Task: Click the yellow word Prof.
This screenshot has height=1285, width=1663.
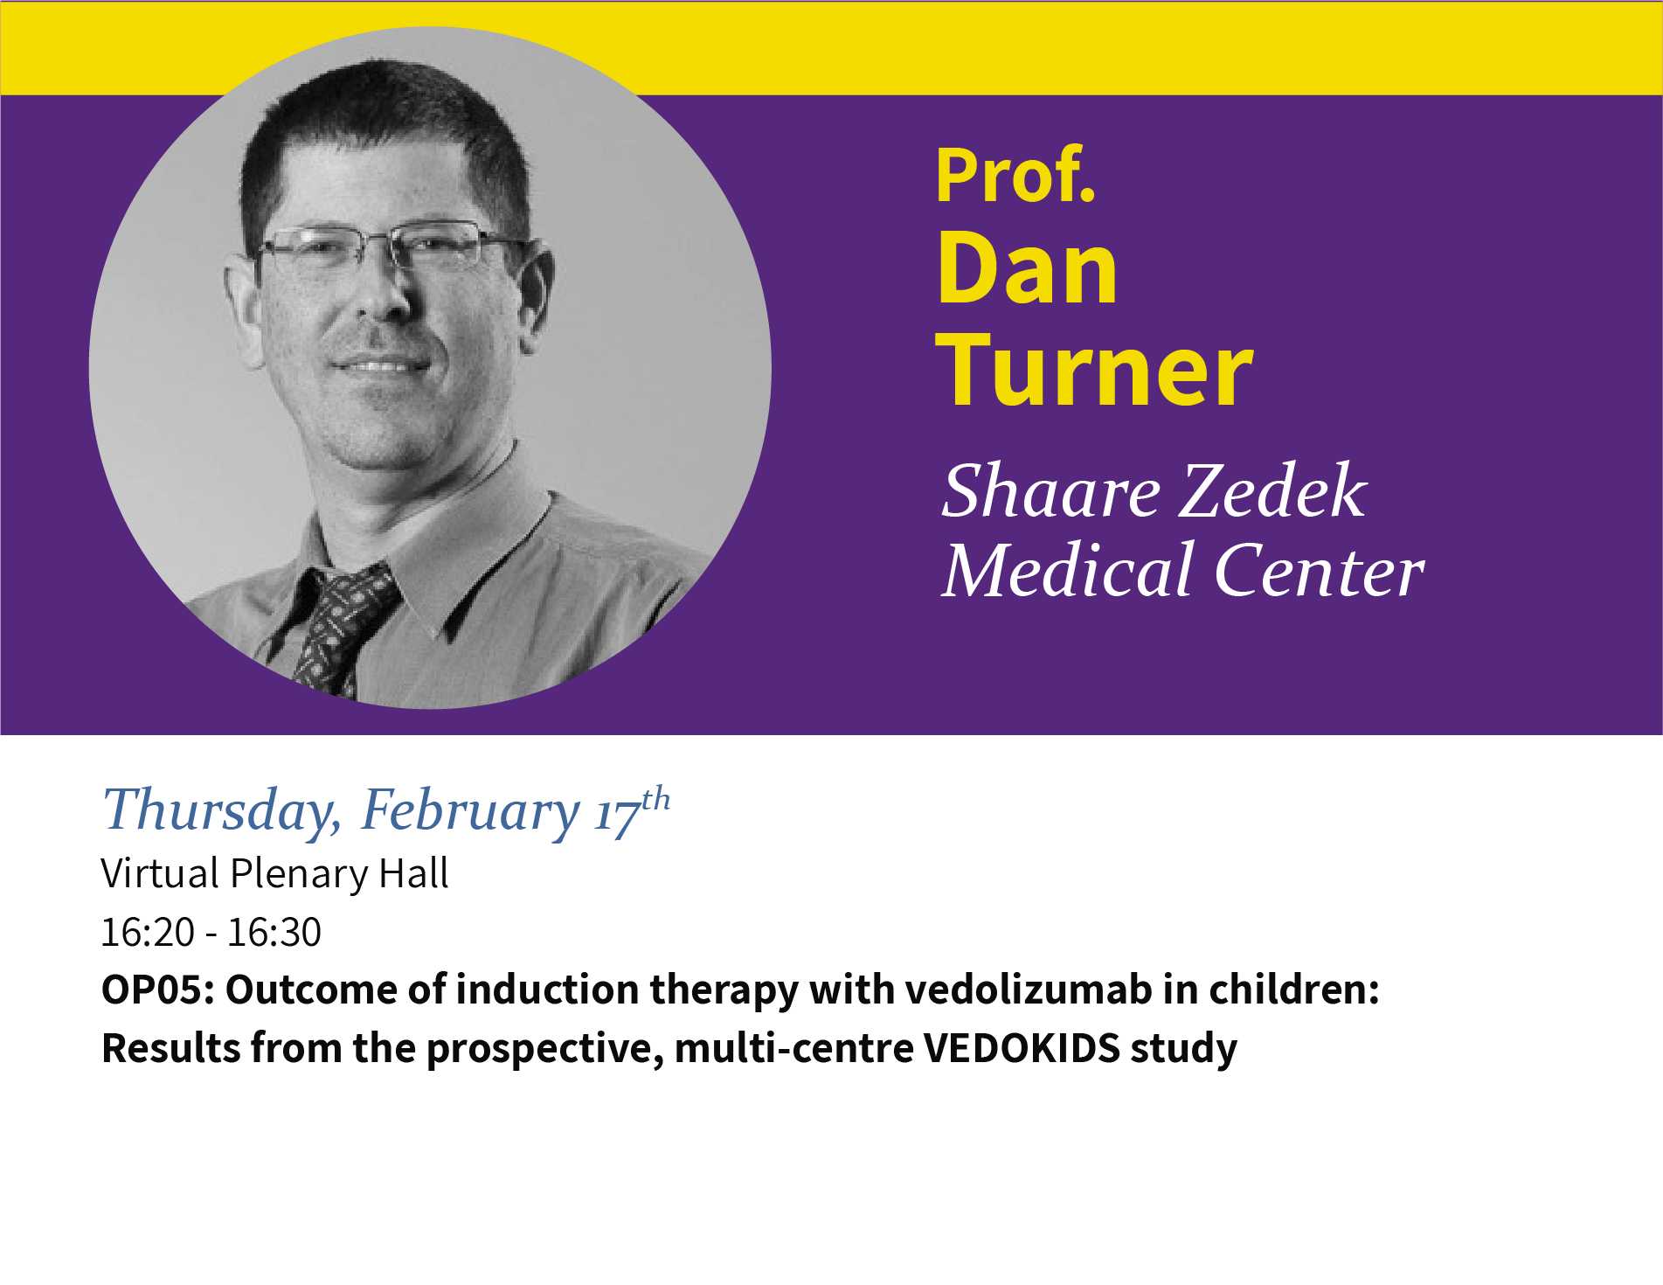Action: click(1015, 176)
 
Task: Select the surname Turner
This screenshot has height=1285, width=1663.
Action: click(1095, 371)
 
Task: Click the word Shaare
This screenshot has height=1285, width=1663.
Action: click(1051, 490)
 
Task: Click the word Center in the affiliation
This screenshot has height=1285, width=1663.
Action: click(1319, 570)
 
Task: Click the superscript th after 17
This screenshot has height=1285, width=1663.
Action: click(656, 798)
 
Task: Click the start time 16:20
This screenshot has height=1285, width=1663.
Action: click(148, 932)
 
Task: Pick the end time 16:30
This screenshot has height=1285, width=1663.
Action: click(274, 932)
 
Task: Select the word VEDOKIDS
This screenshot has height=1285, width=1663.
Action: click(1022, 1047)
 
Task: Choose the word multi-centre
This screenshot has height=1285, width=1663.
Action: click(794, 1047)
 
